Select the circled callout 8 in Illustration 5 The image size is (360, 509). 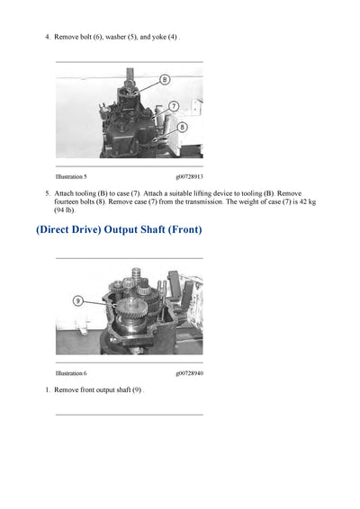[x=181, y=128]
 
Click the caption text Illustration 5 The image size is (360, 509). [x=71, y=178]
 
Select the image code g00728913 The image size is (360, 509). [x=189, y=178]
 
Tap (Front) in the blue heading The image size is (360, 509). [x=180, y=230]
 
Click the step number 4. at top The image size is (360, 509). [x=48, y=37]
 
